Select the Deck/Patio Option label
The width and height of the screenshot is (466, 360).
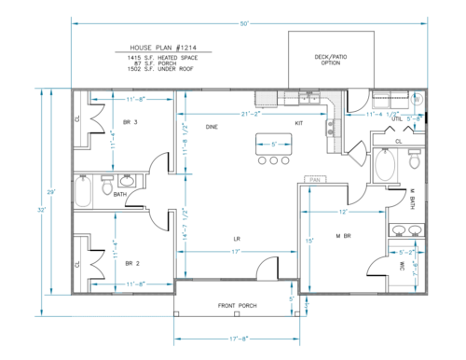319,61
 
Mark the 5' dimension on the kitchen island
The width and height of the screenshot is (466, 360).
273,145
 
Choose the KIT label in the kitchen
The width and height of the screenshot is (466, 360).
299,123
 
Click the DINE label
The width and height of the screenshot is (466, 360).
212,125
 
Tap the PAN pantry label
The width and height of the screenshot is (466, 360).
315,178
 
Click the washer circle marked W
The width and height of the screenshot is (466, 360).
417,99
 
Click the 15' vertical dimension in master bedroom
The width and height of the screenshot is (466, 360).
308,242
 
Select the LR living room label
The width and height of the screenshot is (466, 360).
237,239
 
